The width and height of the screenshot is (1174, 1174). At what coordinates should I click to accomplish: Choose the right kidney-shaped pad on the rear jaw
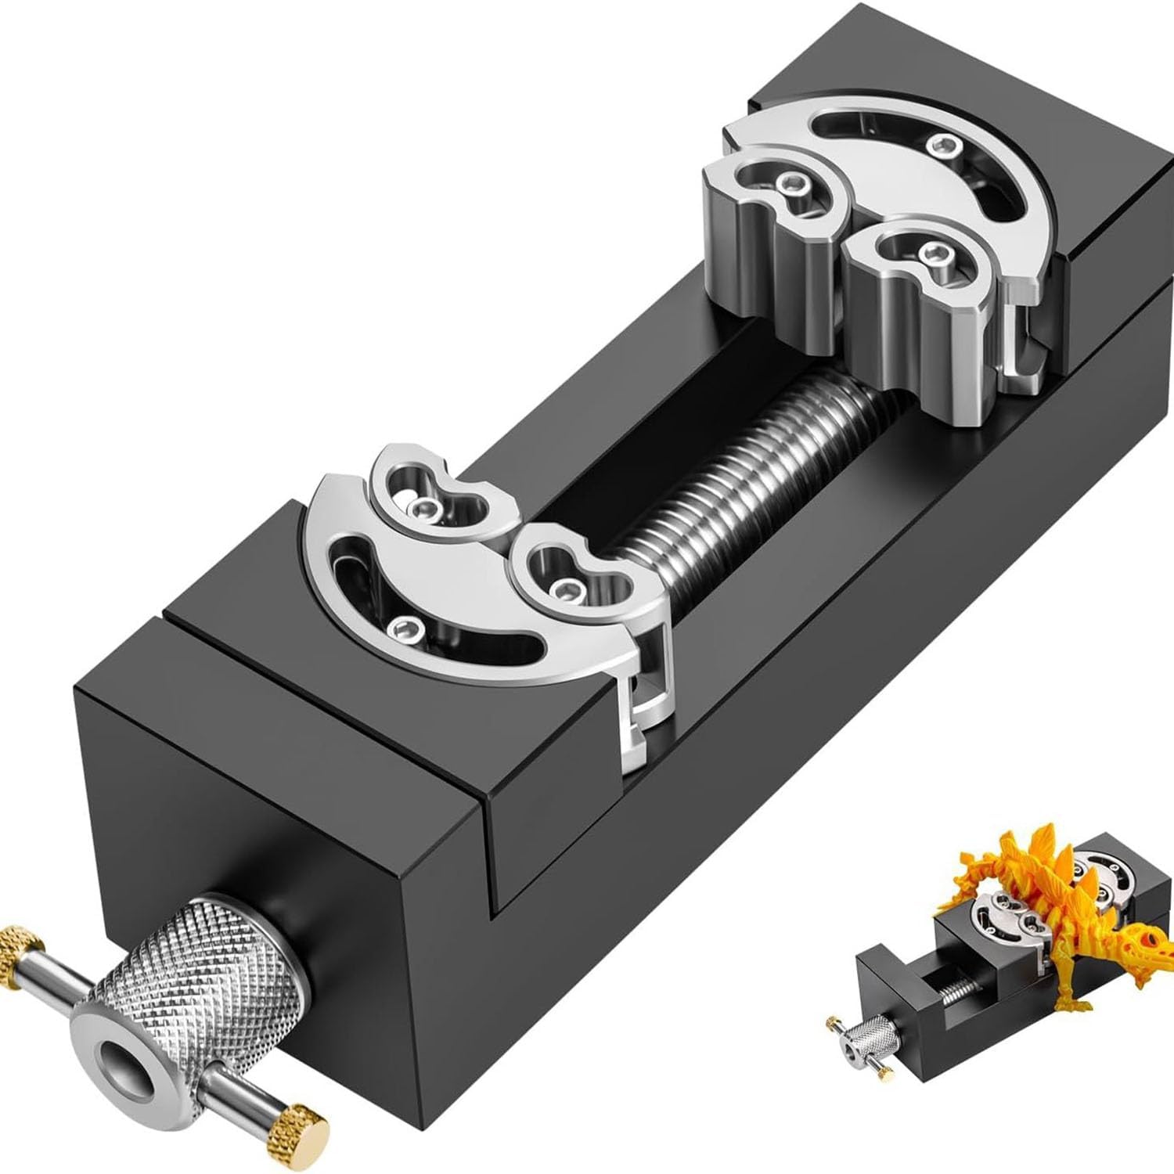[927, 254]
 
